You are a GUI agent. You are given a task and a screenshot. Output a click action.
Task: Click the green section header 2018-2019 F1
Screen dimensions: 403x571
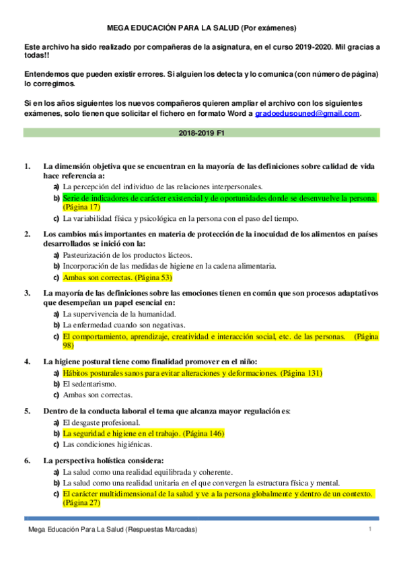201,133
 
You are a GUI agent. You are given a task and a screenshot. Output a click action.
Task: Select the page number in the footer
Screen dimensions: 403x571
369,531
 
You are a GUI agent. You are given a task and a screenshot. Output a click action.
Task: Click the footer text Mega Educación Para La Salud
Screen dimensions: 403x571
112,531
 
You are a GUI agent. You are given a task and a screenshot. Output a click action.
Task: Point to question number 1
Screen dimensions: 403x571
27,166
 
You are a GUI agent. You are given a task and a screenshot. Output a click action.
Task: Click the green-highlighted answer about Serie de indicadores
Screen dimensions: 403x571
219,199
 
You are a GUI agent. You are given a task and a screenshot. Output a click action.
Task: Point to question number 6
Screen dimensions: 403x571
27,461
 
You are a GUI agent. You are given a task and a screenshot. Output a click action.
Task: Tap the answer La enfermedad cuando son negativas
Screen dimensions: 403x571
119,325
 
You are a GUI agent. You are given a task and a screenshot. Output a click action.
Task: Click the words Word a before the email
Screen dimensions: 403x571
242,114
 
